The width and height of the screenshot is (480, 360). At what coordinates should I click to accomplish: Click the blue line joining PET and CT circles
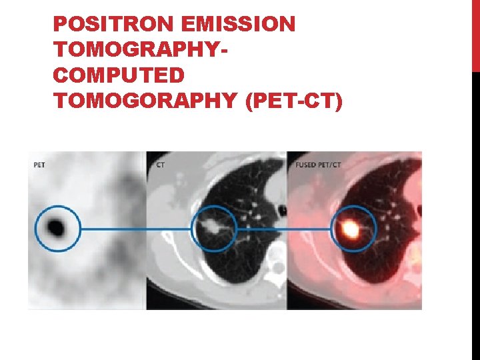click(x=136, y=229)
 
